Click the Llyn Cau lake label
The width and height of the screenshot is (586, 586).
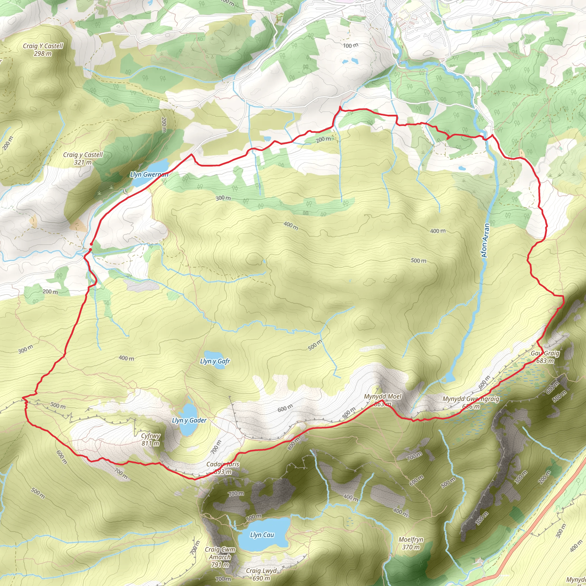point(262,535)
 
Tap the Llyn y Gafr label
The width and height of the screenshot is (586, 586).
point(215,361)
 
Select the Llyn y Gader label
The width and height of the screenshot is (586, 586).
point(189,420)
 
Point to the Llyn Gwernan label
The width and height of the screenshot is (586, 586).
point(149,175)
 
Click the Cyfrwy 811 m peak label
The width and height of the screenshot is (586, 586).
point(151,439)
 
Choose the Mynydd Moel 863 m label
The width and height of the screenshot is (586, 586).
point(383,400)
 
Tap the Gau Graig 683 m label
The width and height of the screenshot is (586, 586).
point(545,357)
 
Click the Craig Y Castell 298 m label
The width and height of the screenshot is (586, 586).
point(43,50)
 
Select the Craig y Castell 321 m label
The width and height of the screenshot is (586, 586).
point(83,158)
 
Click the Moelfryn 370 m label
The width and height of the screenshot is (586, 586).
point(411,543)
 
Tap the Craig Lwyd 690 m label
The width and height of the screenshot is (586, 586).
point(261,575)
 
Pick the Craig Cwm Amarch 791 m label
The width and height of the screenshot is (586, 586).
point(220,557)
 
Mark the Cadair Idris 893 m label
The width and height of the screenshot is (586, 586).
point(223,468)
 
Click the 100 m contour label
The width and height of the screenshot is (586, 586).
point(351,45)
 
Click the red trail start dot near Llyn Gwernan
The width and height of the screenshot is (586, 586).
point(91,244)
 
